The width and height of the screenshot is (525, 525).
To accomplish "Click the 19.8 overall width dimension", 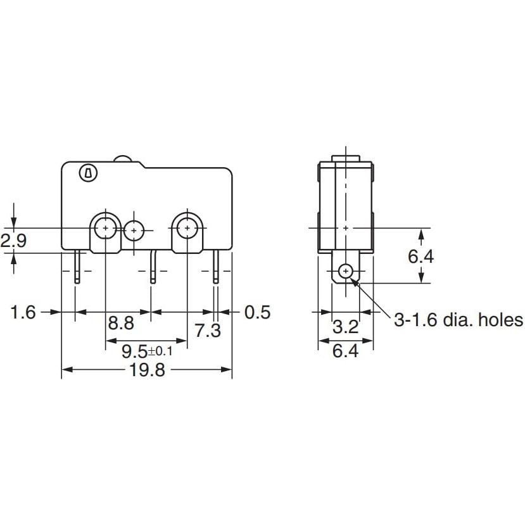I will [x=147, y=370].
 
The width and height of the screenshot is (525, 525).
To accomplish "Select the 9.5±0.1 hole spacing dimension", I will [x=146, y=350].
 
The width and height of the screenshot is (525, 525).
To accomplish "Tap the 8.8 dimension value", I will [x=121, y=324].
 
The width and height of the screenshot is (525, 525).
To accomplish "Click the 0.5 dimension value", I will [x=256, y=312].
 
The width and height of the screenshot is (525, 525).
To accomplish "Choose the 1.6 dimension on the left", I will [x=24, y=312].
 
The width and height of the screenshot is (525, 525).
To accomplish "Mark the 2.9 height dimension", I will [x=13, y=241].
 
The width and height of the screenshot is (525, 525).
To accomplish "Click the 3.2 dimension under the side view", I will [x=346, y=327].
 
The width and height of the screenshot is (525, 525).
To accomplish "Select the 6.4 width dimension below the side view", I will [x=345, y=350].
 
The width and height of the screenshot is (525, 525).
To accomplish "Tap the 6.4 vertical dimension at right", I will [x=421, y=256].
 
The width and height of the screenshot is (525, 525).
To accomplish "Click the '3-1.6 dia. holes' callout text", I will [x=459, y=320].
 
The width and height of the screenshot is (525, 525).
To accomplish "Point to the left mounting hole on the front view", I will [x=105, y=227].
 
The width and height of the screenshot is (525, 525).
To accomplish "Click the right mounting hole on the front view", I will [x=187, y=227].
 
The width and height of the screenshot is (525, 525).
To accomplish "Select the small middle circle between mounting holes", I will [x=134, y=231].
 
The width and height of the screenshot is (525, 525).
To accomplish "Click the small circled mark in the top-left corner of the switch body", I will [x=87, y=172].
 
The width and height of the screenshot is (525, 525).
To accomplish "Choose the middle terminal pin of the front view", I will [x=152, y=267].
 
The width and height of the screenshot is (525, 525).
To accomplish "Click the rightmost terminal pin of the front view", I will [x=217, y=267].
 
